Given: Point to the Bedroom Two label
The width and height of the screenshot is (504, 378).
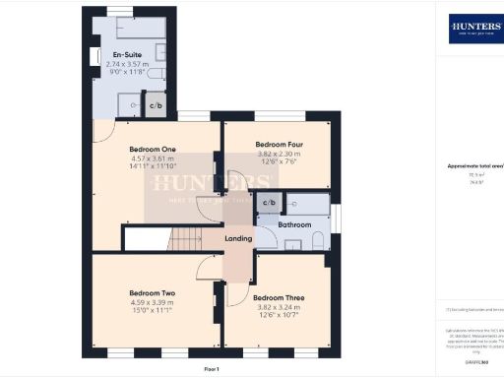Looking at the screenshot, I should point(152,293).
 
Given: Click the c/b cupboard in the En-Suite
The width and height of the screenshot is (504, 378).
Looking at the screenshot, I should point(156,105).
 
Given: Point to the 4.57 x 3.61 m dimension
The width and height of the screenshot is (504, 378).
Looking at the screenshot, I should point(152,158).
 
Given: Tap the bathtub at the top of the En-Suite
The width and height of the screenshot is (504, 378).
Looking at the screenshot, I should point(124,27).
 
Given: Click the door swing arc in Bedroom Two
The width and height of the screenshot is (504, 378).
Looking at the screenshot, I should point(207,274).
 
